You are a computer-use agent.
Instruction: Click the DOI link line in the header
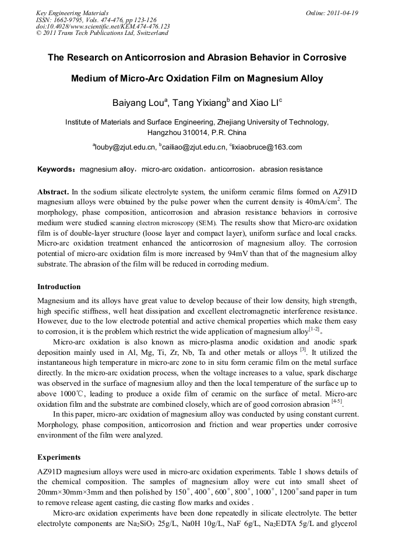[x=103, y=26]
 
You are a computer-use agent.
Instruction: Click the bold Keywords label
[x=55, y=169]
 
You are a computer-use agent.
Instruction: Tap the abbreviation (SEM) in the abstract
[x=207, y=222]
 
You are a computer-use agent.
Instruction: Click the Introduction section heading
[x=59, y=286]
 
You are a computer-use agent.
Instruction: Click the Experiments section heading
[x=59, y=457]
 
